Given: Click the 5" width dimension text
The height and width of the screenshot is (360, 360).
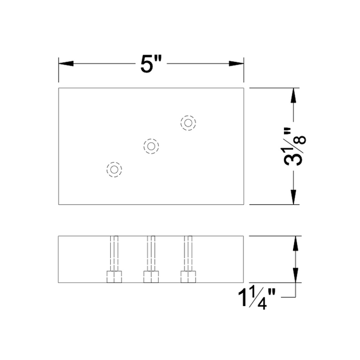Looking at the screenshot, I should [x=151, y=65].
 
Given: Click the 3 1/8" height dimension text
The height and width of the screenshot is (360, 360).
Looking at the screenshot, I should [x=295, y=147].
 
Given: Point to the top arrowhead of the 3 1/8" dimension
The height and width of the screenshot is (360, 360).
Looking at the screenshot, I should [x=293, y=96].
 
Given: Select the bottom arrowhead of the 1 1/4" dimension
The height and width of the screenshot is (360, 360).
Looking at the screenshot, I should [x=293, y=275].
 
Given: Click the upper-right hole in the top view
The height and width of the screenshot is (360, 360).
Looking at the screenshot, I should [x=188, y=123].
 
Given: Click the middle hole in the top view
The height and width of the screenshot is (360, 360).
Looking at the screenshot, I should [x=151, y=146].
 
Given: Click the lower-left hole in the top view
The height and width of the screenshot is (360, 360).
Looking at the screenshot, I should [x=114, y=169].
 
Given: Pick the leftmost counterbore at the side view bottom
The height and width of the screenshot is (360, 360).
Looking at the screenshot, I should [x=114, y=276].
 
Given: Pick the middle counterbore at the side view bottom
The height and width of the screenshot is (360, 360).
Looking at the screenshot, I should [x=151, y=276].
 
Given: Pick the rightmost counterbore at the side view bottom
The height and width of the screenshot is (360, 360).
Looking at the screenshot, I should [x=188, y=276].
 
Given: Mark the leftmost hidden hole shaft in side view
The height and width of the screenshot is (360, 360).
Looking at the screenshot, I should [x=114, y=253].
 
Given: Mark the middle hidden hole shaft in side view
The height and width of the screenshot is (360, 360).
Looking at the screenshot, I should [x=151, y=253].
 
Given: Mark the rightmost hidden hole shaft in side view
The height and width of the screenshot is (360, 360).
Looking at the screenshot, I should [x=188, y=253].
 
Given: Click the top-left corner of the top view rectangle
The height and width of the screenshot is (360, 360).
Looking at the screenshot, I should [x=59, y=88].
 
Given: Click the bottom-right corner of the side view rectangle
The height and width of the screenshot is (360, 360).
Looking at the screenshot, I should [x=244, y=282].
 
